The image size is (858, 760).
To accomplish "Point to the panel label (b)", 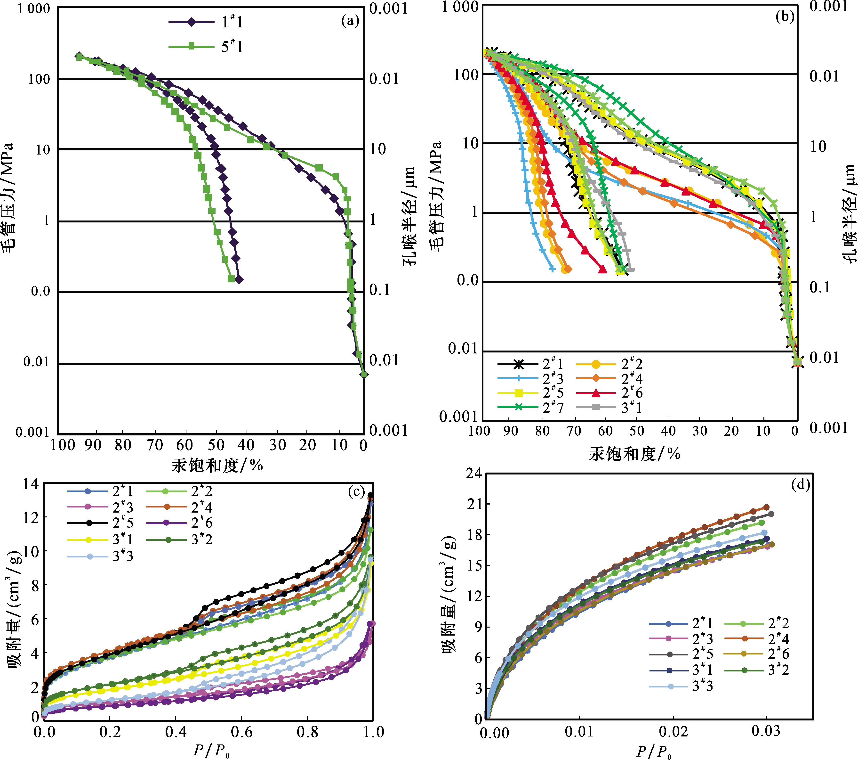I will (x=784, y=17).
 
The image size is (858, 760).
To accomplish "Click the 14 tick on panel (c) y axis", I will (x=31, y=484).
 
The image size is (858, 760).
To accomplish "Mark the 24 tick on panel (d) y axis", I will (x=474, y=474).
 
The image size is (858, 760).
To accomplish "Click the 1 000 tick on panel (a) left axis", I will (x=34, y=9).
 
